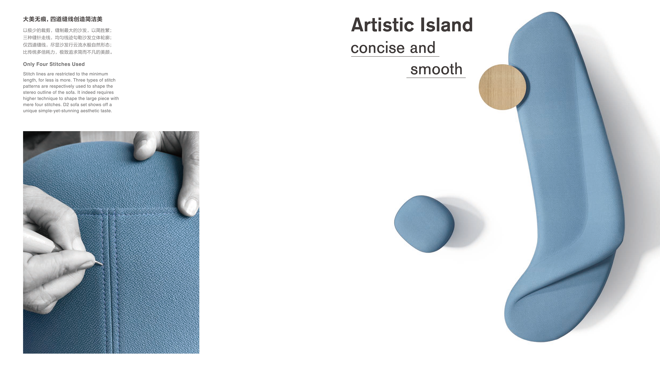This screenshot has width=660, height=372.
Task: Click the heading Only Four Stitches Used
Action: coord(54,64)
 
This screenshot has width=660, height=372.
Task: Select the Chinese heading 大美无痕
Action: coord(34,19)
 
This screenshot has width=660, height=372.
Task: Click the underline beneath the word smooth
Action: coord(436,78)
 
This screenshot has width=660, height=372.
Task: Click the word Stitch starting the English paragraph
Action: coord(29,74)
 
